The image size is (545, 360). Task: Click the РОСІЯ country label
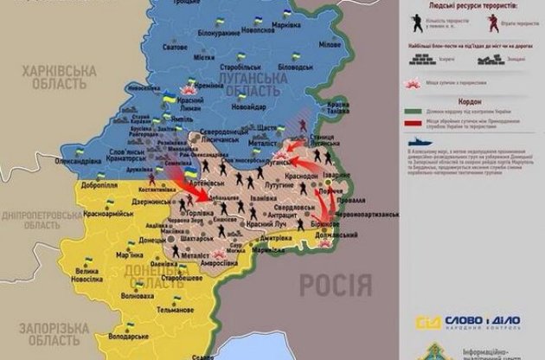pyautogui.click(x=336, y=284)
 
